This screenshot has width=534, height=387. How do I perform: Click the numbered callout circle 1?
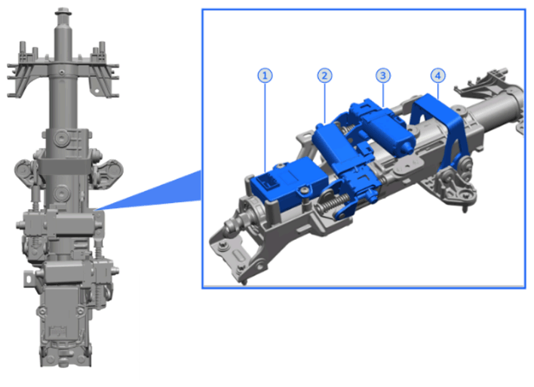pos(265,75)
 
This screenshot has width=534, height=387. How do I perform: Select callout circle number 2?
pos(324,75)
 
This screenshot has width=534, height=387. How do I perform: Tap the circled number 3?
pos(383,75)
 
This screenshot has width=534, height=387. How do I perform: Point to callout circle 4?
pos(438,75)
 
